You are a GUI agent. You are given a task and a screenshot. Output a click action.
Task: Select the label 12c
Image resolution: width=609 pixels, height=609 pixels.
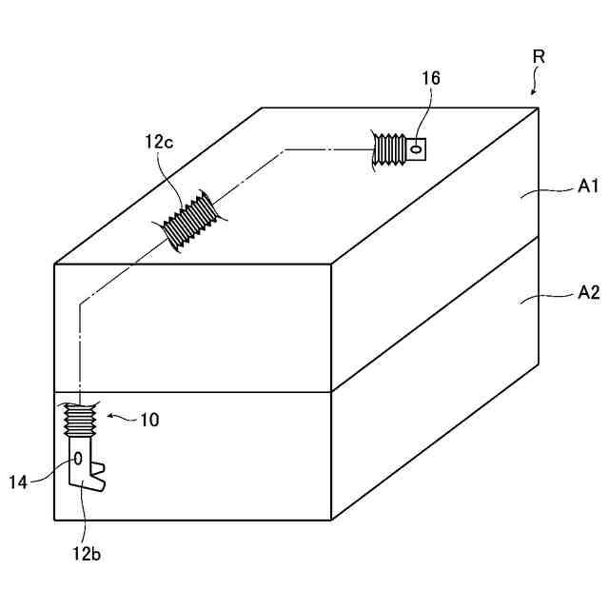[159, 144]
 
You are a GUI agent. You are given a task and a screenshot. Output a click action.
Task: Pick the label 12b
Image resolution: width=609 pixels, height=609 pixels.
[85, 553]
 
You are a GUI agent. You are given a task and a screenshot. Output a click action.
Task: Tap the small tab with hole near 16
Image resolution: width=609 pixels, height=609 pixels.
[415, 148]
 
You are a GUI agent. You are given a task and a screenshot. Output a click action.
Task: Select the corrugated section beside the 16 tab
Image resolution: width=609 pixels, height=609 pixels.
[390, 150]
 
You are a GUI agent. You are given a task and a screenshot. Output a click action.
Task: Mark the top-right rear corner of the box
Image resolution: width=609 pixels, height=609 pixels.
[539, 108]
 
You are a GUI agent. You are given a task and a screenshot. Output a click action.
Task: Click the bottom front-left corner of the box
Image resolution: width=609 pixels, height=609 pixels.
[54, 521]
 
